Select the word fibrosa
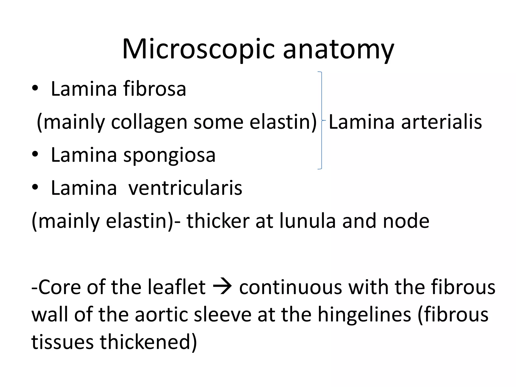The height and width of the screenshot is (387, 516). tap(154, 89)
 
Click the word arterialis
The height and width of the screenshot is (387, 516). tap(441, 122)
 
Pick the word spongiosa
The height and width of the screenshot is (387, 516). tap(169, 155)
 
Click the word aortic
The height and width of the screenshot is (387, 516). tap(161, 315)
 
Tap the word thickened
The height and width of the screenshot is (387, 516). tap(148, 342)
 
